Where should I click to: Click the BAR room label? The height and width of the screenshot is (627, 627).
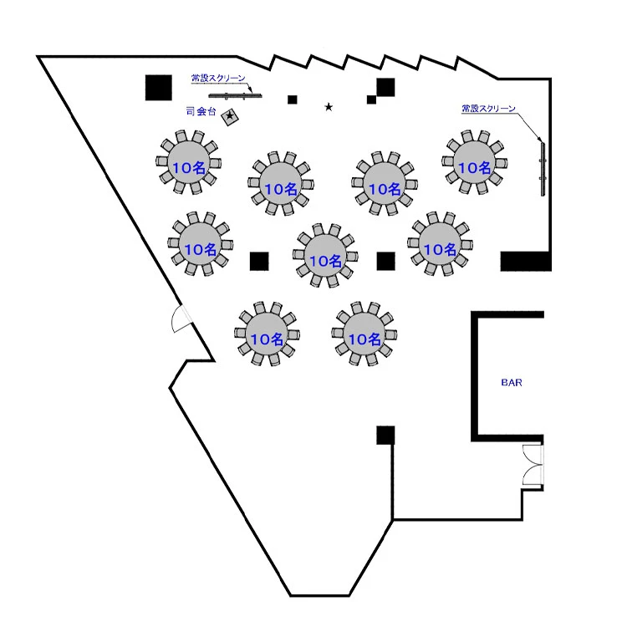[x=512, y=382]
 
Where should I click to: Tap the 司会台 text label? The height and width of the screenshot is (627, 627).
[x=201, y=110]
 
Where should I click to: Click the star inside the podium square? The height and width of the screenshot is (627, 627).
[x=230, y=116]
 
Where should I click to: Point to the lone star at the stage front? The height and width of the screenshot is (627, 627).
[x=329, y=107]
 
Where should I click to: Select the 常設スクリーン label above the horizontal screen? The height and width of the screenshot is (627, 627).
[x=218, y=79]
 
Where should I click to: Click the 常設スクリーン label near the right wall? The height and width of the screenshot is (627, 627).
[x=488, y=109]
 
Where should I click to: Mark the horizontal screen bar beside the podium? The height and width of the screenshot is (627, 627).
[x=237, y=95]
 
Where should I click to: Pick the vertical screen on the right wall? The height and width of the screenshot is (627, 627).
[x=543, y=167]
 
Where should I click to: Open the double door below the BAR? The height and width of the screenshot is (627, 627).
[x=533, y=466]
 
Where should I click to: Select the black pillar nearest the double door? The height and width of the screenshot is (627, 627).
[x=385, y=435]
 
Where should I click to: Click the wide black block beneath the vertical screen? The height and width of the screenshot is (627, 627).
[x=525, y=262]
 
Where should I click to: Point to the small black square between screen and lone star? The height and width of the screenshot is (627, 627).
[x=293, y=99]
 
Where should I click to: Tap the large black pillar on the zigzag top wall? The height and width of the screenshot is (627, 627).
[x=385, y=87]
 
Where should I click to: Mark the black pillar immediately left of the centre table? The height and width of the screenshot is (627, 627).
[x=259, y=262]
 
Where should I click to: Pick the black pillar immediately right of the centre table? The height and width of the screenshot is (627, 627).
[x=385, y=262]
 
